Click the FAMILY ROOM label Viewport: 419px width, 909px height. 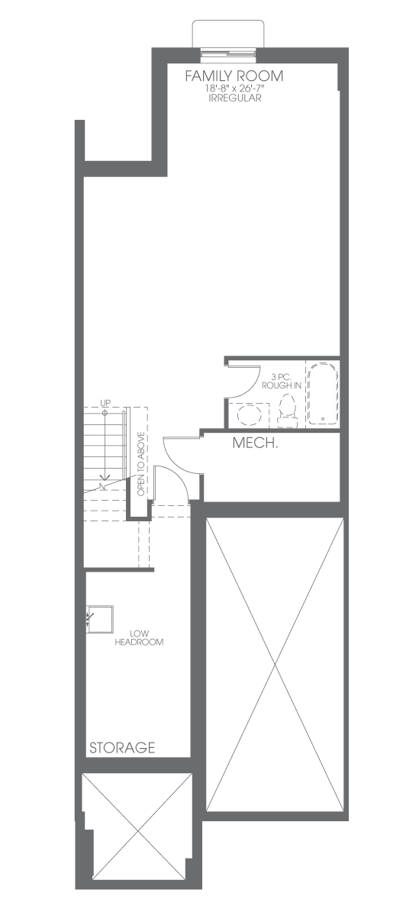coord(234,76)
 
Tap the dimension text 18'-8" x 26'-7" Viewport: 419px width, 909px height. coord(234,89)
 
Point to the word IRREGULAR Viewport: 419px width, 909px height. coord(234,98)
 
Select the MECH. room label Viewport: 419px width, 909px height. coord(256,443)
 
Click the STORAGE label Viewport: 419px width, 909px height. coord(122,748)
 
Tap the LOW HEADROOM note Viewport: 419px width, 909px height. coord(139,638)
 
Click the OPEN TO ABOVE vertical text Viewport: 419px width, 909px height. coord(141,464)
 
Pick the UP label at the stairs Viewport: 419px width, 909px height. coord(105,402)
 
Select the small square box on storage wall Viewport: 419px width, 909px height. coord(99,618)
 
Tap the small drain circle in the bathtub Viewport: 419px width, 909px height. coord(322,417)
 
